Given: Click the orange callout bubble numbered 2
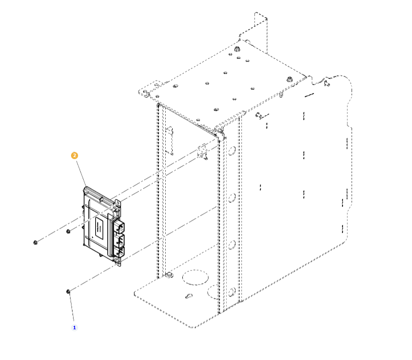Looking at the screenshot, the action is pos(75,156).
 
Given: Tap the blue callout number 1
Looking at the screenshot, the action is pos(75,328).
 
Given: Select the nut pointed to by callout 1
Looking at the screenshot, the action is pos(68,292).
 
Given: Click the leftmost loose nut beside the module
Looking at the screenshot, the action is pos(35,242).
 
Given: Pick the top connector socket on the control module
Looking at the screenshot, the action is pos(119,227).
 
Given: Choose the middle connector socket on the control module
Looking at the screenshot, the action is pos(120,240).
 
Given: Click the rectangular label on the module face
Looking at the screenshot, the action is pos(99,228).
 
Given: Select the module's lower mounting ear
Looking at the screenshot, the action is pos(117,261).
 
